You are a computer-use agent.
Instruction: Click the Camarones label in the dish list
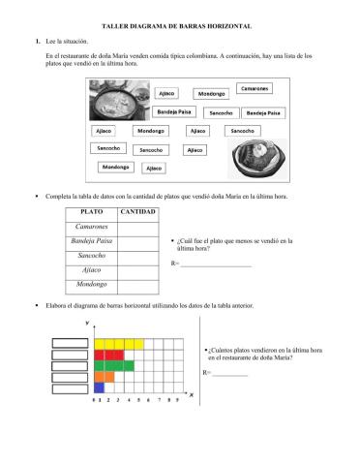(255, 88)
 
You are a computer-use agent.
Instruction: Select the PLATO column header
(92, 210)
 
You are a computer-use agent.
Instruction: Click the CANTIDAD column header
(137, 210)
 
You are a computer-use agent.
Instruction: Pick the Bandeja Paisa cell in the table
(92, 240)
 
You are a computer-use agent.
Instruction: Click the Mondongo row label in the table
(92, 285)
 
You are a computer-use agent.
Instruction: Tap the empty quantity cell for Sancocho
(137, 255)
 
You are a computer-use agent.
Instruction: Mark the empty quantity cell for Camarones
(137, 225)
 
